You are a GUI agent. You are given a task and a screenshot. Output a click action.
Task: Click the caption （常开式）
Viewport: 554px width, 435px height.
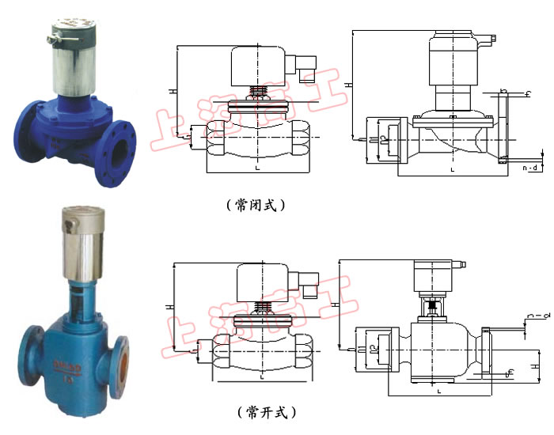click(x=265, y=411)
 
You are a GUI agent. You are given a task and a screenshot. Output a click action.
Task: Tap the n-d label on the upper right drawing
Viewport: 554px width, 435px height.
click(x=533, y=168)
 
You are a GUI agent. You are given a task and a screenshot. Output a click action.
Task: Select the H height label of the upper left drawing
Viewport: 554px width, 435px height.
click(x=171, y=92)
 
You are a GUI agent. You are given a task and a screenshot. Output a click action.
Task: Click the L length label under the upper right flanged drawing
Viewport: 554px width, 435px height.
click(x=452, y=169)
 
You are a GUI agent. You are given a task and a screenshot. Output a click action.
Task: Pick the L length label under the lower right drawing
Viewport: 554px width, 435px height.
click(x=438, y=390)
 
